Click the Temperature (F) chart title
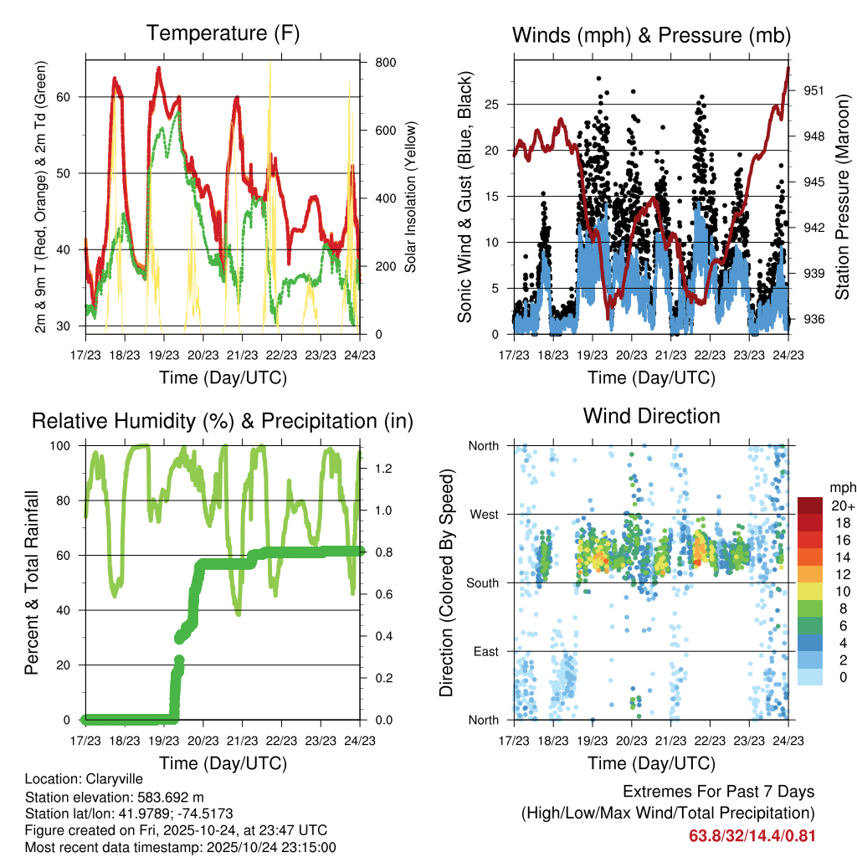coord(222,33)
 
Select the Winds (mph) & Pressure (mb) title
coord(651,35)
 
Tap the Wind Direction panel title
coord(651,416)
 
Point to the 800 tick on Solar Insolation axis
coord(386,63)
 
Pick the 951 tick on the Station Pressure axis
coord(808,90)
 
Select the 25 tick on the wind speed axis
coord(496,105)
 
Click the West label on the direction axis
coord(484,515)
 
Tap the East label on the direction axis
coord(485,651)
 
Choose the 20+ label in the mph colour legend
coord(841,505)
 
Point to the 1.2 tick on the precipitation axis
coord(384,469)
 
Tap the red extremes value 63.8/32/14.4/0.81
coord(752,835)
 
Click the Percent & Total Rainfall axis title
coord(32,583)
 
